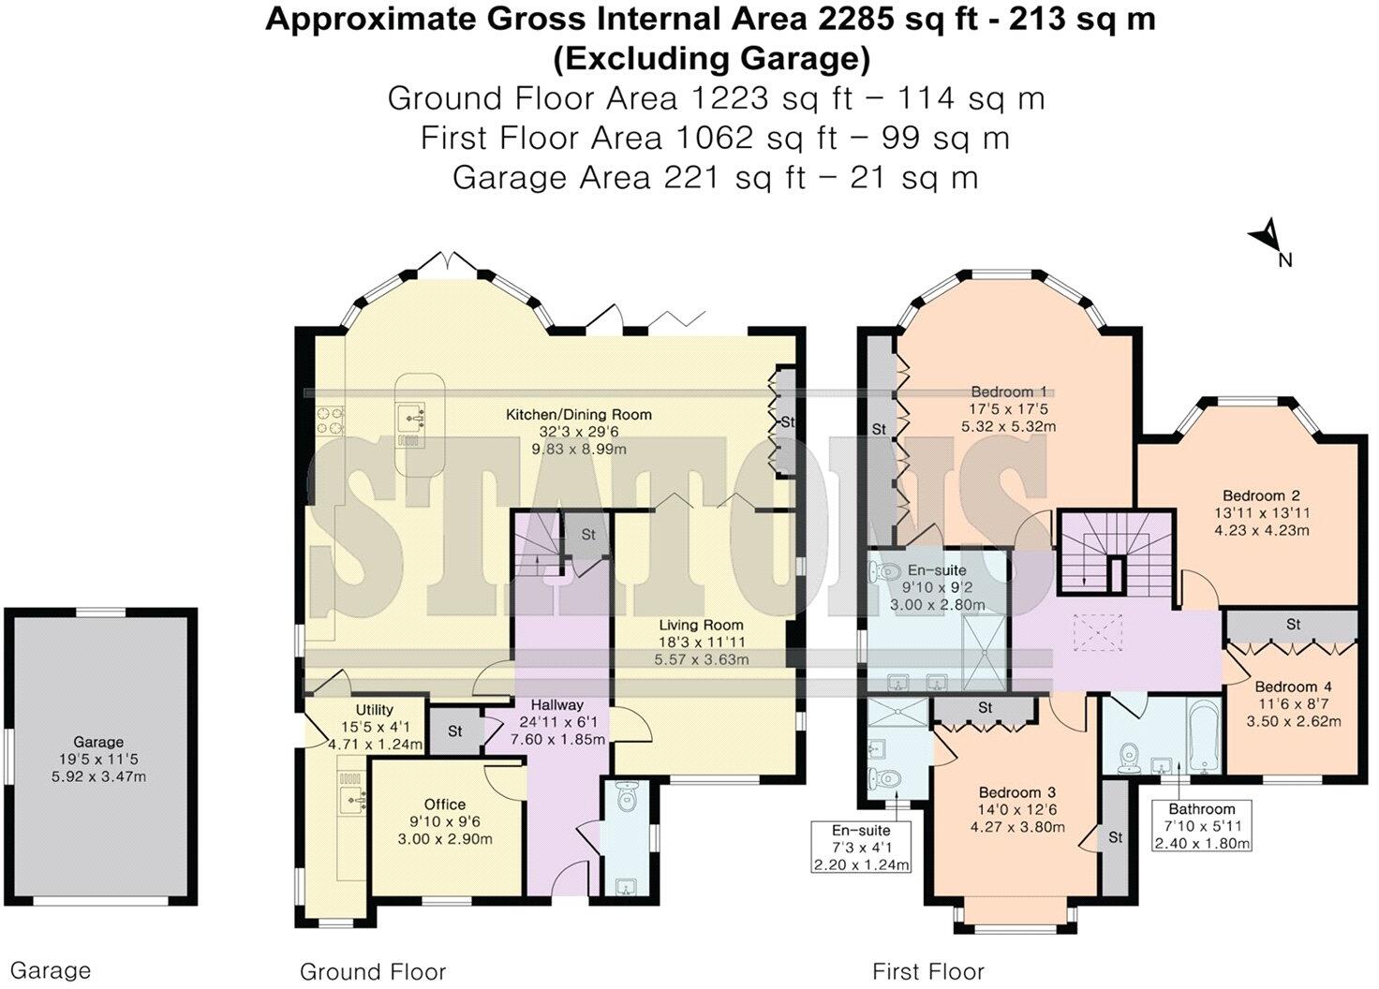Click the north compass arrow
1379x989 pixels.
(x=1268, y=235)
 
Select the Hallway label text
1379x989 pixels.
(x=556, y=704)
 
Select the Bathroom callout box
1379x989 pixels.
(x=1202, y=825)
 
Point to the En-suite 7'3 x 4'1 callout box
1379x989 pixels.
(x=861, y=847)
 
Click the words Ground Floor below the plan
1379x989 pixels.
(x=372, y=971)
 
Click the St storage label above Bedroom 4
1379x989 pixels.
(x=1293, y=624)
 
